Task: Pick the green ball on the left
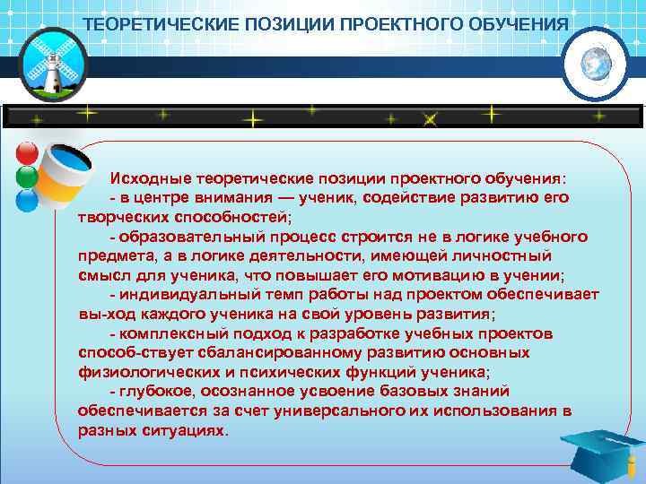coord(27,176)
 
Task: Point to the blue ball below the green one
coord(27,199)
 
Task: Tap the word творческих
coord(118,216)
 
